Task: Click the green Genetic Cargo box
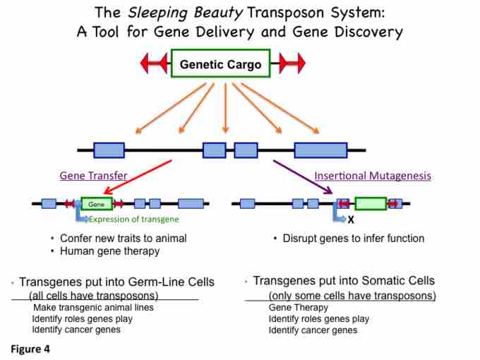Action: pos(220,64)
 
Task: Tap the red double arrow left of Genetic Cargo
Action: pos(154,64)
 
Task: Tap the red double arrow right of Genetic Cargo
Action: pos(291,64)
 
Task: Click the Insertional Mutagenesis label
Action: pos(372,176)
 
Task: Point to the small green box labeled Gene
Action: pos(97,204)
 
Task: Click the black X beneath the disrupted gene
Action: pos(351,220)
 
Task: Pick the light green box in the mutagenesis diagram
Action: pos(370,204)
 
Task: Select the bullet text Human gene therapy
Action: pos(109,251)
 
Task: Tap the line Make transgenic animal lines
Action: pos(92,307)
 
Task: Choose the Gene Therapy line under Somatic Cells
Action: pos(298,307)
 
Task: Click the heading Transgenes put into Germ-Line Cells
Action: pos(116,282)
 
